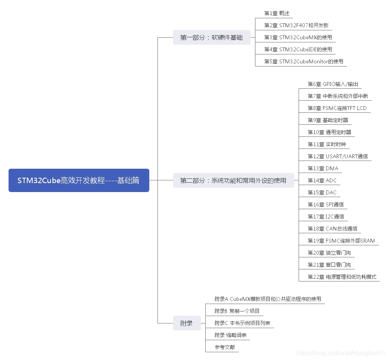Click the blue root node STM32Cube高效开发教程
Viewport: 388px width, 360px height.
click(x=79, y=180)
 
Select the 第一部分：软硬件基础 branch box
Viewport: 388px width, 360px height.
click(x=211, y=37)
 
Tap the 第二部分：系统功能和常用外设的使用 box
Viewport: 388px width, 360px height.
click(x=233, y=180)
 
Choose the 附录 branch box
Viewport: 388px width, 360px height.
click(x=187, y=323)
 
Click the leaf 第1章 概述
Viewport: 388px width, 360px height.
click(x=277, y=13)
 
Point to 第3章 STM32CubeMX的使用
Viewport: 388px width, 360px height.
click(x=298, y=37)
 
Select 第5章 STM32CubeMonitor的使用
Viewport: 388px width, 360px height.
click(x=304, y=61)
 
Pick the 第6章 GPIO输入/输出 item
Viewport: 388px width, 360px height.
click(x=333, y=84)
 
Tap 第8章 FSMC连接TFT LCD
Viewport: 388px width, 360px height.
click(x=337, y=108)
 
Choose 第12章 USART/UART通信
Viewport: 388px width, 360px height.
click(x=337, y=156)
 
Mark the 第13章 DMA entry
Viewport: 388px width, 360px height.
click(x=323, y=168)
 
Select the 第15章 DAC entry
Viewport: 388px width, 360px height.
click(x=322, y=192)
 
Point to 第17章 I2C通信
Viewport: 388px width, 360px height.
click(x=326, y=217)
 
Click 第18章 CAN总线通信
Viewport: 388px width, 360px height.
click(x=332, y=229)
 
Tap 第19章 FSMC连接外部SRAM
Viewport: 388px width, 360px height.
click(x=341, y=241)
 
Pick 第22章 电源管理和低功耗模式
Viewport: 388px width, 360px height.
click(x=342, y=277)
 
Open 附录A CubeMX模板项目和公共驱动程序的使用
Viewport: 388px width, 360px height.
click(x=268, y=299)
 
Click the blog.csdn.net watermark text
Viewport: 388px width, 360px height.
click(x=340, y=353)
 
